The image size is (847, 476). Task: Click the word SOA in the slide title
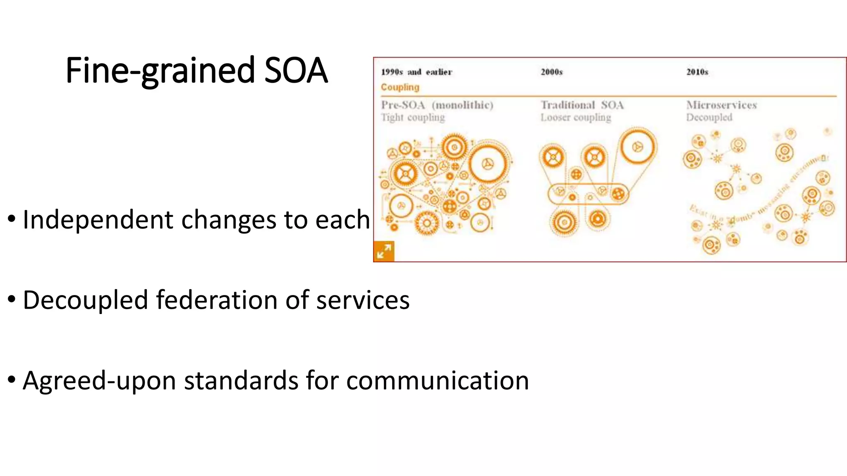coord(296,71)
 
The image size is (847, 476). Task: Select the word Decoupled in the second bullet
coord(85,300)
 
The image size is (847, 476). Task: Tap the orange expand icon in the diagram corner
coord(384,251)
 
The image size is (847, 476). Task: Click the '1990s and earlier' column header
coord(416,72)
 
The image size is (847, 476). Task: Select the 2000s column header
coord(552,72)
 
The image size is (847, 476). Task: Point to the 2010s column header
coord(697,72)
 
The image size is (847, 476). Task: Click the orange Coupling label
coord(400,87)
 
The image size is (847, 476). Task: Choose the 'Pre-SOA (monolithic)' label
coord(437,105)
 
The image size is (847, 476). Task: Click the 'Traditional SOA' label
coord(582,105)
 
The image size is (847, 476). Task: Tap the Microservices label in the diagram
coord(722,105)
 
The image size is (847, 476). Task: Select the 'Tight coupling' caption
coord(413,118)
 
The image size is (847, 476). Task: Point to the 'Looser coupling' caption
coord(576,118)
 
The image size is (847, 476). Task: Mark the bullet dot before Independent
coord(12,219)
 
